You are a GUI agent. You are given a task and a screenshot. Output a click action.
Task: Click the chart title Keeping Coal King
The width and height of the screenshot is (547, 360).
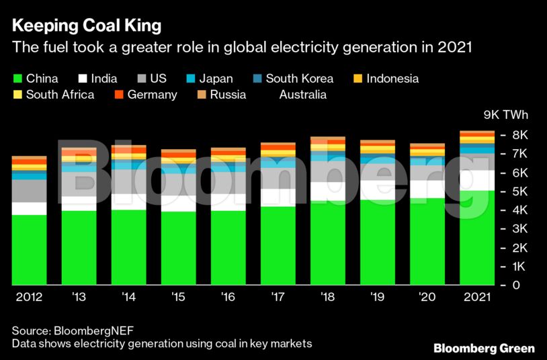tap(86, 26)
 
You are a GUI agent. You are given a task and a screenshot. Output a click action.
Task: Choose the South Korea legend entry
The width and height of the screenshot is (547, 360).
tap(292, 79)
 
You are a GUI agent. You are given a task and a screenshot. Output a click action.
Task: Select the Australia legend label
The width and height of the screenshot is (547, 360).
tap(302, 95)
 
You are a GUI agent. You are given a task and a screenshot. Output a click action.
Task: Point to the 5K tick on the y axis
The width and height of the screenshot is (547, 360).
tap(501, 191)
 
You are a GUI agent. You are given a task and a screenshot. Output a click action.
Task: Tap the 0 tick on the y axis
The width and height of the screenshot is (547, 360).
tap(497, 285)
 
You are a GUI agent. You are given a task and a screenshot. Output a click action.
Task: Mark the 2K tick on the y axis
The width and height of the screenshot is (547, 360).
tap(501, 248)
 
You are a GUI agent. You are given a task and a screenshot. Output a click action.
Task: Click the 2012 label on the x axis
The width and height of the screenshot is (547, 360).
tap(29, 297)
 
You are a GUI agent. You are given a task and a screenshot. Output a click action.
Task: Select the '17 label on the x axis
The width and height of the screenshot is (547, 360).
tap(278, 297)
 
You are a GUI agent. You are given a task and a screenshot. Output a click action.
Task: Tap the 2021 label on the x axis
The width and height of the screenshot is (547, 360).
tap(476, 297)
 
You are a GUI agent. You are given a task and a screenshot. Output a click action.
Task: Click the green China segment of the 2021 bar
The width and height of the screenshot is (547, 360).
tap(476, 238)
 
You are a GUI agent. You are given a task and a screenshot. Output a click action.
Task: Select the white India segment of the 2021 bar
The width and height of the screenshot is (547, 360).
tap(476, 180)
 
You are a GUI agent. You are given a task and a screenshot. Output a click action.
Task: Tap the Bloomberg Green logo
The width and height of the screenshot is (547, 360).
tap(484, 348)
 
